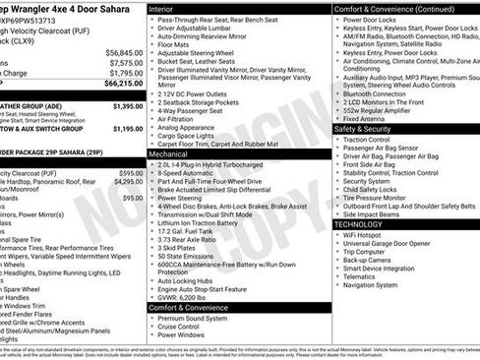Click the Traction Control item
point(372,140)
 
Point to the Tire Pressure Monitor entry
point(380,197)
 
